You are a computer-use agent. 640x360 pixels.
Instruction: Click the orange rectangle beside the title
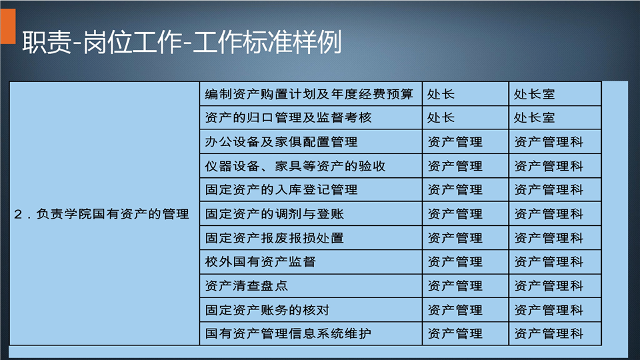pos(8,26)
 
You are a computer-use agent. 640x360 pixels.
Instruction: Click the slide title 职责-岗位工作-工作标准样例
pos(181,42)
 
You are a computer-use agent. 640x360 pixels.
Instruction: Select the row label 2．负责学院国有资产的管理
pos(101,214)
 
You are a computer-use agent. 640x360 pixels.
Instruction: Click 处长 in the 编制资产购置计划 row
pos(441,94)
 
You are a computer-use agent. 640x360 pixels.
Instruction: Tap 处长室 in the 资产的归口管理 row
pos(534,118)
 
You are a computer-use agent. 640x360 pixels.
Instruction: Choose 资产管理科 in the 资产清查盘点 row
pos(549,286)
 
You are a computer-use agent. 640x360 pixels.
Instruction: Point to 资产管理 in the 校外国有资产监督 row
pos(455,261)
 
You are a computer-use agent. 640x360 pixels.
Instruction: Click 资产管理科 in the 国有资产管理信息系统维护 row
pos(549,334)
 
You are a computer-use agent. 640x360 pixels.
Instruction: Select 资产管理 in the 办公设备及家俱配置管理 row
pos(455,142)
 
